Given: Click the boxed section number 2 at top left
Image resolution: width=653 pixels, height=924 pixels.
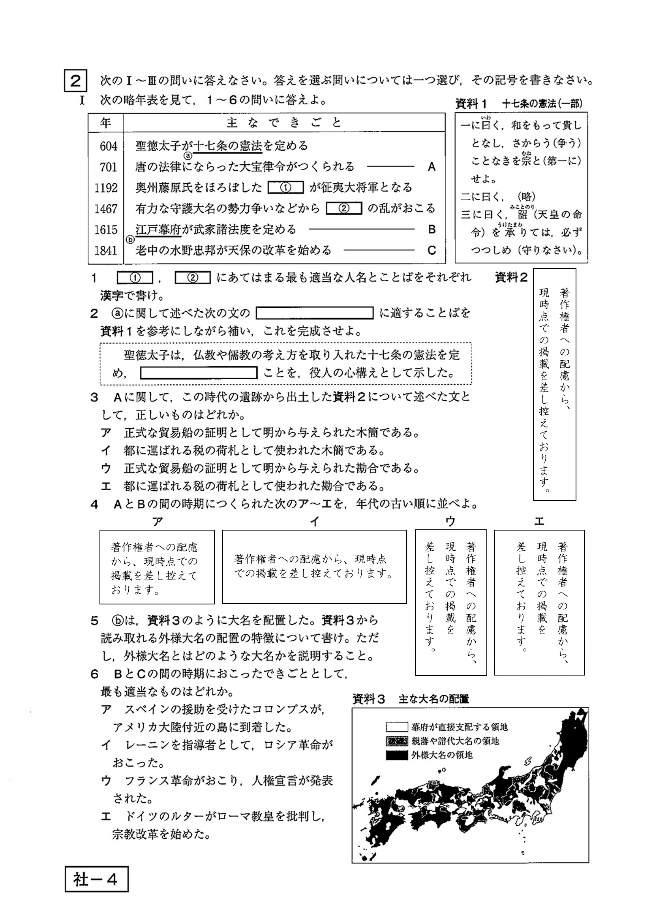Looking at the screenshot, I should click(75, 81).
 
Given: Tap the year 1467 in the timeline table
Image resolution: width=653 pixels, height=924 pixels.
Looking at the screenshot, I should click(106, 209).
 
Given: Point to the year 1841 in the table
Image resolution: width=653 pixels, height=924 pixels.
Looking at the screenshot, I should click(106, 251).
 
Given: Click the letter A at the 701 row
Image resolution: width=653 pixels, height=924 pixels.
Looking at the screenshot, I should click(432, 167).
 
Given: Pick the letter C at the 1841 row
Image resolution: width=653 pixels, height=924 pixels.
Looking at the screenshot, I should click(432, 251).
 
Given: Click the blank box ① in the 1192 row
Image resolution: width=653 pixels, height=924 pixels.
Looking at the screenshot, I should click(285, 188).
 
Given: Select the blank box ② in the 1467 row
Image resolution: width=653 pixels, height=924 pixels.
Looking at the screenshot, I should click(344, 209).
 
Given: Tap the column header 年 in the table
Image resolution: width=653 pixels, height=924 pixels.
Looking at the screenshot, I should click(106, 122).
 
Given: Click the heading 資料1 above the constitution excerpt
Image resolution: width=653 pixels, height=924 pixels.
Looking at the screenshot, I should click(471, 104).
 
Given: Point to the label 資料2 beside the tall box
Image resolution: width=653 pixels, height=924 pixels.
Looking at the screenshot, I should click(510, 278).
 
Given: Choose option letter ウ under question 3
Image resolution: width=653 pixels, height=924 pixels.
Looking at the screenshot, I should click(106, 468).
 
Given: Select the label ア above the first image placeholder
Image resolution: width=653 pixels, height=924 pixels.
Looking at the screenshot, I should click(157, 522).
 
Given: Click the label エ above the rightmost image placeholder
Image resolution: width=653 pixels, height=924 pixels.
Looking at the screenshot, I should click(539, 522).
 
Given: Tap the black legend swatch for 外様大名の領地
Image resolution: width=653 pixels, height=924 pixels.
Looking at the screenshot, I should click(397, 755).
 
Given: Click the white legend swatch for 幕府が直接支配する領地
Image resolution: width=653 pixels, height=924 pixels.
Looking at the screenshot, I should click(397, 727).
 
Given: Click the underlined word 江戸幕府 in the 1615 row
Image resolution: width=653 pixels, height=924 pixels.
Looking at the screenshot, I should click(158, 230).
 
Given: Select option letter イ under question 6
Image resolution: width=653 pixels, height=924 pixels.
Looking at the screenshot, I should click(106, 745).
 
